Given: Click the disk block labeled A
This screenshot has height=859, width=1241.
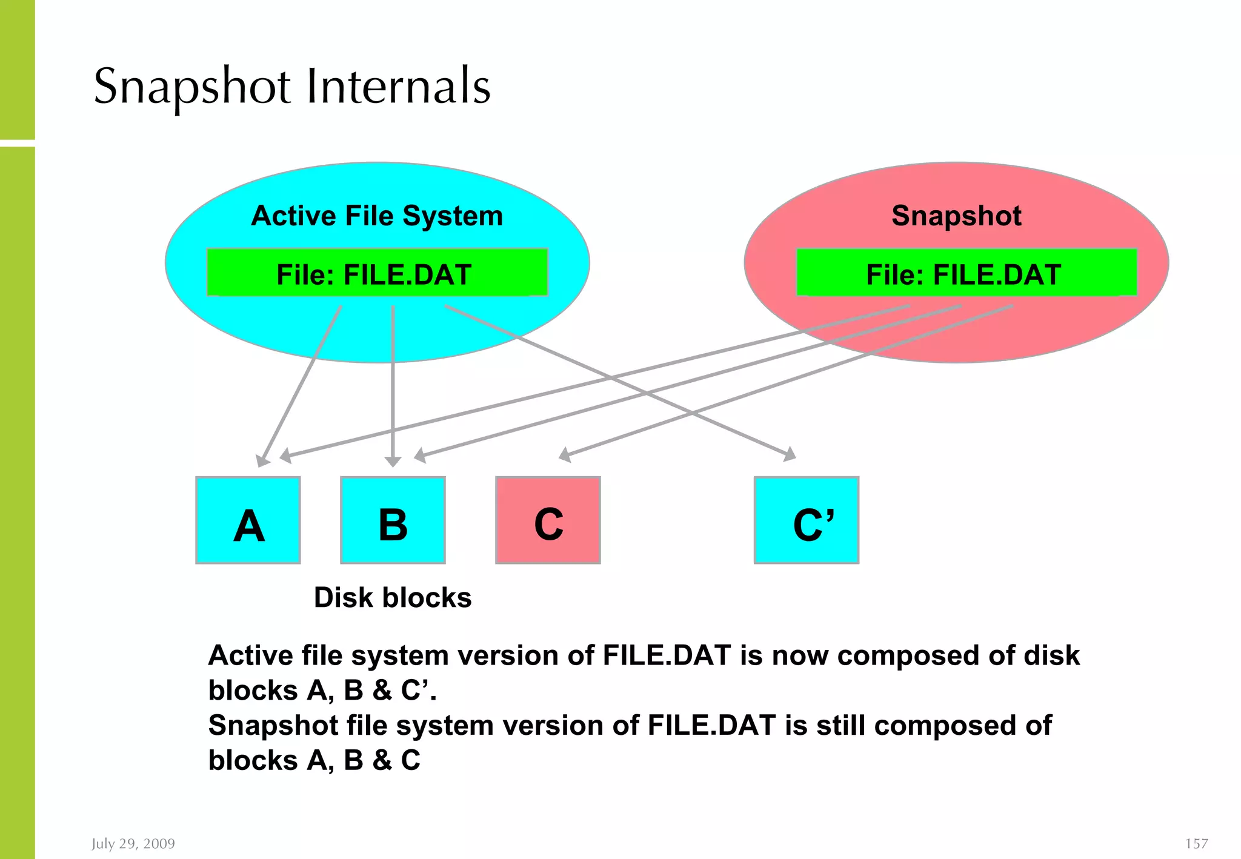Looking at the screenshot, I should point(248,520).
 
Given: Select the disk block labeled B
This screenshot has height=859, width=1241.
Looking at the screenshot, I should point(393,520).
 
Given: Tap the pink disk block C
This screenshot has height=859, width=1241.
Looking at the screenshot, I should point(548,520).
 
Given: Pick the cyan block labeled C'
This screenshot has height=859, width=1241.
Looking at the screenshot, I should point(806,520).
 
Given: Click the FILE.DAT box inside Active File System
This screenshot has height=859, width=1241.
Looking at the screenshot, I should point(377,273).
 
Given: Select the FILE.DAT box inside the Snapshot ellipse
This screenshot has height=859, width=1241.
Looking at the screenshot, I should point(966,273).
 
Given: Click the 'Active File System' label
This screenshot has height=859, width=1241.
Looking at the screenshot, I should point(377,216).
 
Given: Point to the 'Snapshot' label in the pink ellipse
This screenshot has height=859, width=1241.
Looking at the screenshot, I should point(956,216).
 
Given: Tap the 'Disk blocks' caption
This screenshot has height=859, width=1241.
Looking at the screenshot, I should point(393,597).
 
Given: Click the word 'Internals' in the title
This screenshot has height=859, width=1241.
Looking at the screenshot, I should point(399,86).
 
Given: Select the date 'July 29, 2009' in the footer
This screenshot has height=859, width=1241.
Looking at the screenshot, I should point(133,843).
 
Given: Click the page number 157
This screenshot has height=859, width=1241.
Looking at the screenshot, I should point(1196,843).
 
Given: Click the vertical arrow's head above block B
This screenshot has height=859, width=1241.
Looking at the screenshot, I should point(393,462).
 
